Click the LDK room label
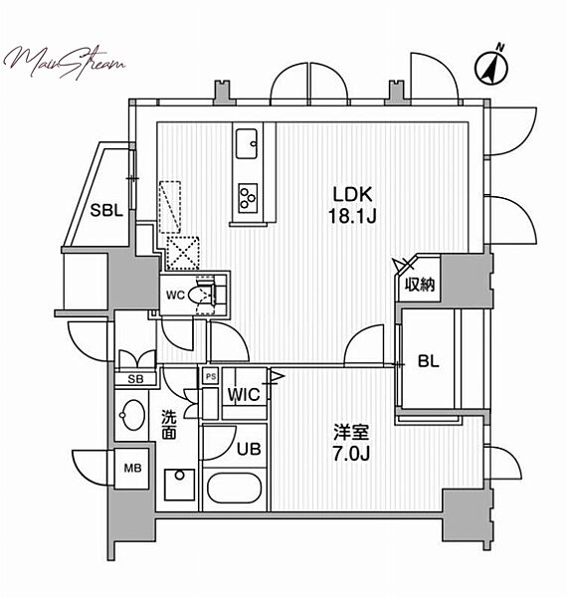pyautogui.click(x=352, y=195)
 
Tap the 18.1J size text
pyautogui.click(x=352, y=216)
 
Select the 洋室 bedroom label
pyautogui.click(x=351, y=433)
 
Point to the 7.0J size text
pyautogui.click(x=351, y=454)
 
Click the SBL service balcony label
pyautogui.click(x=106, y=210)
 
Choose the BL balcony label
pyautogui.click(x=429, y=361)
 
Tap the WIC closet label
pyautogui.click(x=244, y=395)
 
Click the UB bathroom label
pyautogui.click(x=249, y=450)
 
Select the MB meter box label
pyautogui.click(x=132, y=468)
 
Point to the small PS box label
pyautogui.click(x=211, y=376)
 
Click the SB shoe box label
pyautogui.click(x=136, y=379)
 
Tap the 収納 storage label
pyautogui.click(x=420, y=284)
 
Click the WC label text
pyautogui.click(x=175, y=295)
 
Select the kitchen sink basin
pyautogui.click(x=247, y=143)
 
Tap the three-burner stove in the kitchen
pyautogui.click(x=248, y=198)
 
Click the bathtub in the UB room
pyautogui.click(x=235, y=490)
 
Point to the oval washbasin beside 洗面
pyautogui.click(x=132, y=415)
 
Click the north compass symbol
pyautogui.click(x=491, y=68)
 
